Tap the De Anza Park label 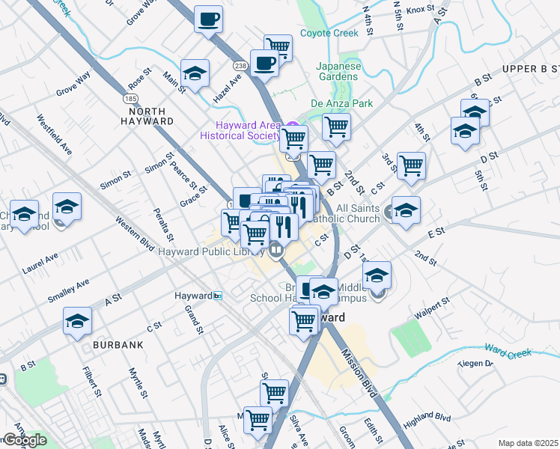point(341,103)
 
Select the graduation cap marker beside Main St point(195,73)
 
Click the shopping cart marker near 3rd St point(411,165)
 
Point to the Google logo point(25,440)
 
